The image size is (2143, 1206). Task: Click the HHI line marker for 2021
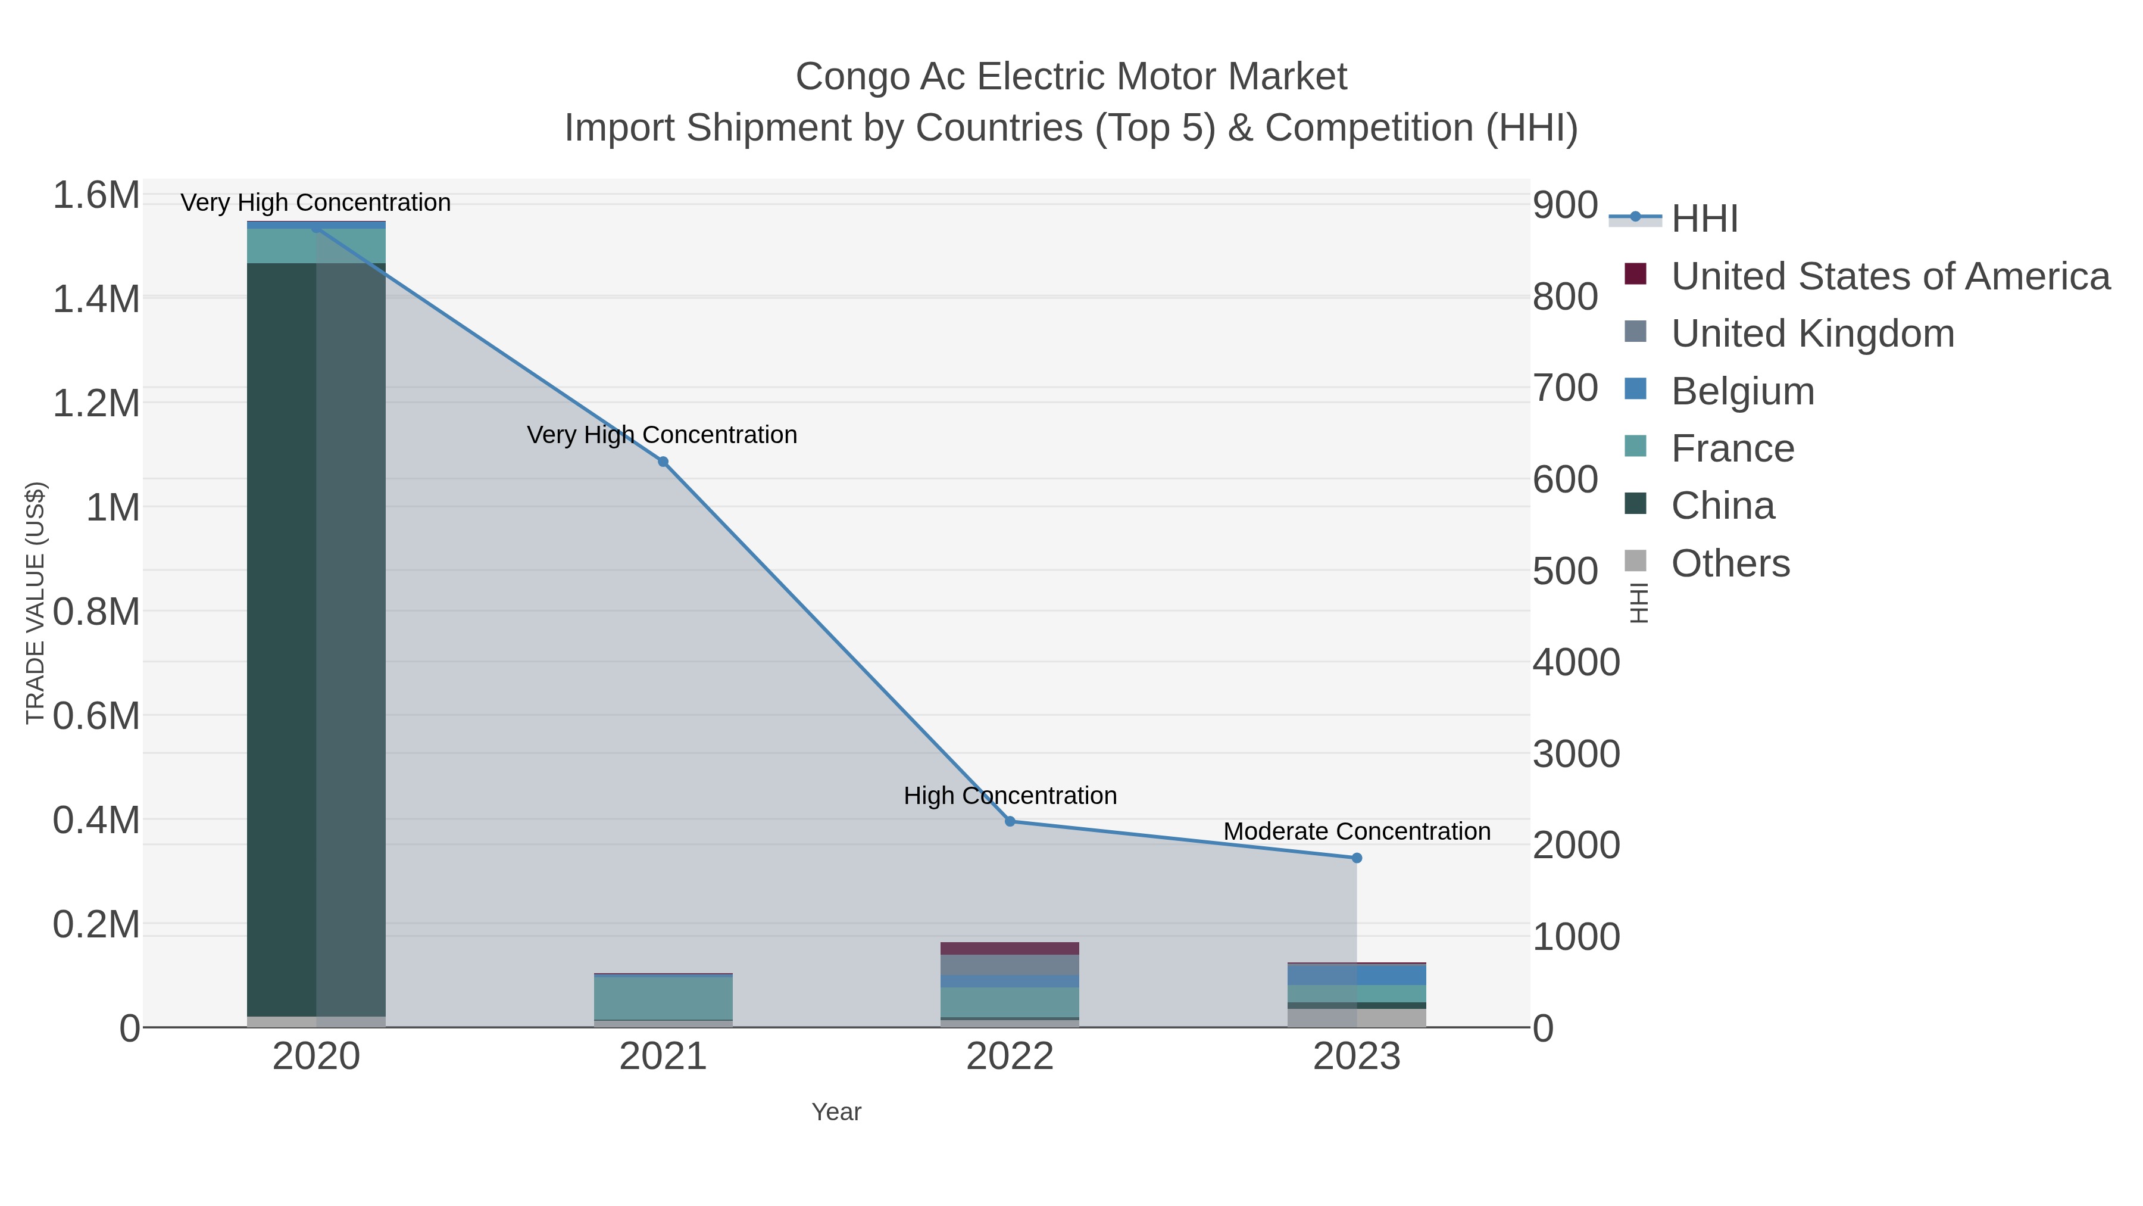663,462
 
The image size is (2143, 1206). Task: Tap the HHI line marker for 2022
1010,821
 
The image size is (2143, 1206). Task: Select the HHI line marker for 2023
1357,858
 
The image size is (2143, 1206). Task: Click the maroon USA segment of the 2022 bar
1010,949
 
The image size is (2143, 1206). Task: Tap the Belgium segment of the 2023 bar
1357,974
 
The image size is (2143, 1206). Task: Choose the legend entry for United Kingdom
1812,334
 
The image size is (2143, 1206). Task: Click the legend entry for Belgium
1742,391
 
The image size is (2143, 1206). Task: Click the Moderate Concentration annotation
1357,831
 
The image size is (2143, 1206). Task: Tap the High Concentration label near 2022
1010,796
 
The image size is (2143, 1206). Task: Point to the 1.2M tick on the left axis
96,404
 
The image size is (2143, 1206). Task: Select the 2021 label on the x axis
663,1057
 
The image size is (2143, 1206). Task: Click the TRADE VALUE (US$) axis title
36,603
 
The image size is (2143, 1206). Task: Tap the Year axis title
836,1112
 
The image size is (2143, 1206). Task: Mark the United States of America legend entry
1890,276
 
